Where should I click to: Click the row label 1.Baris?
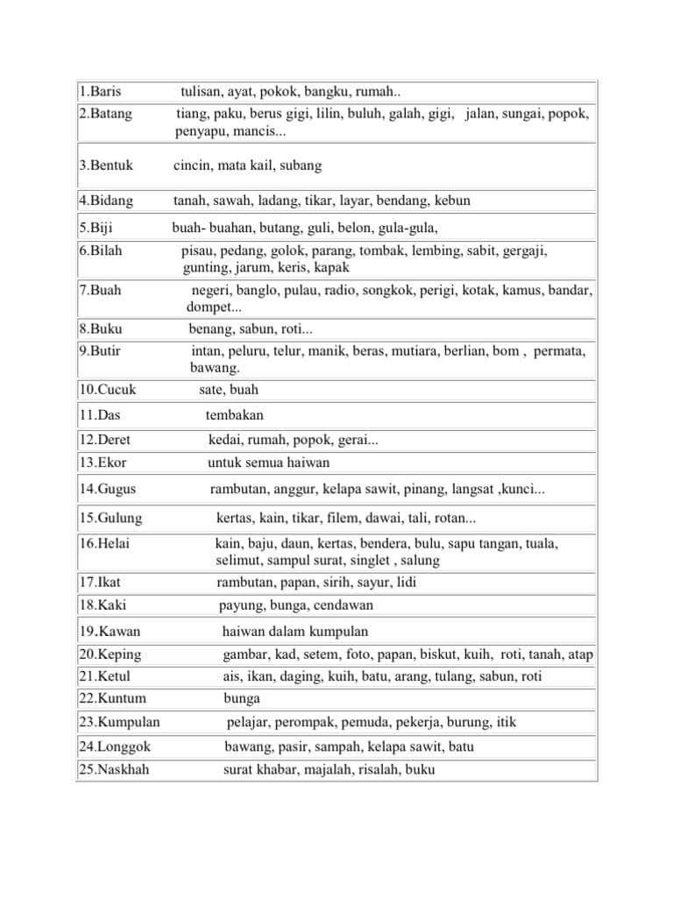[x=99, y=92]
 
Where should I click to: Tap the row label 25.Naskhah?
[x=113, y=770]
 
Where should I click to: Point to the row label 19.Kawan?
[x=110, y=632]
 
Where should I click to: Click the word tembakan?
[x=234, y=415]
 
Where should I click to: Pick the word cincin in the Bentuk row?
[x=191, y=165]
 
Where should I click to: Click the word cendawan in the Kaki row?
[x=343, y=605]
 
